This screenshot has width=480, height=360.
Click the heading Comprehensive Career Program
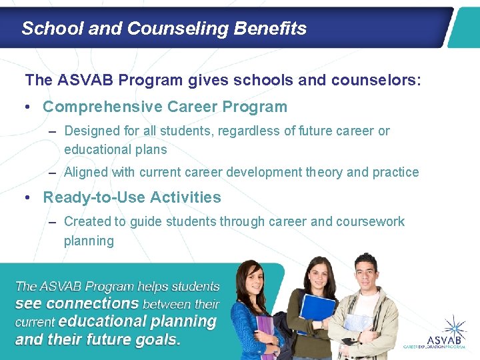[x=165, y=107]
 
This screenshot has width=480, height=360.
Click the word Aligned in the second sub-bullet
[x=85, y=172]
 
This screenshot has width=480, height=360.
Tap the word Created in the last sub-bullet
[x=86, y=221]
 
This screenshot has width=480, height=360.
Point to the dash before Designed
[x=52, y=131]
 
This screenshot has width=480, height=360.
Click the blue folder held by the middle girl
[x=318, y=313]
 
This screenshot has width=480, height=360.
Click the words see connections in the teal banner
[x=77, y=303]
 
